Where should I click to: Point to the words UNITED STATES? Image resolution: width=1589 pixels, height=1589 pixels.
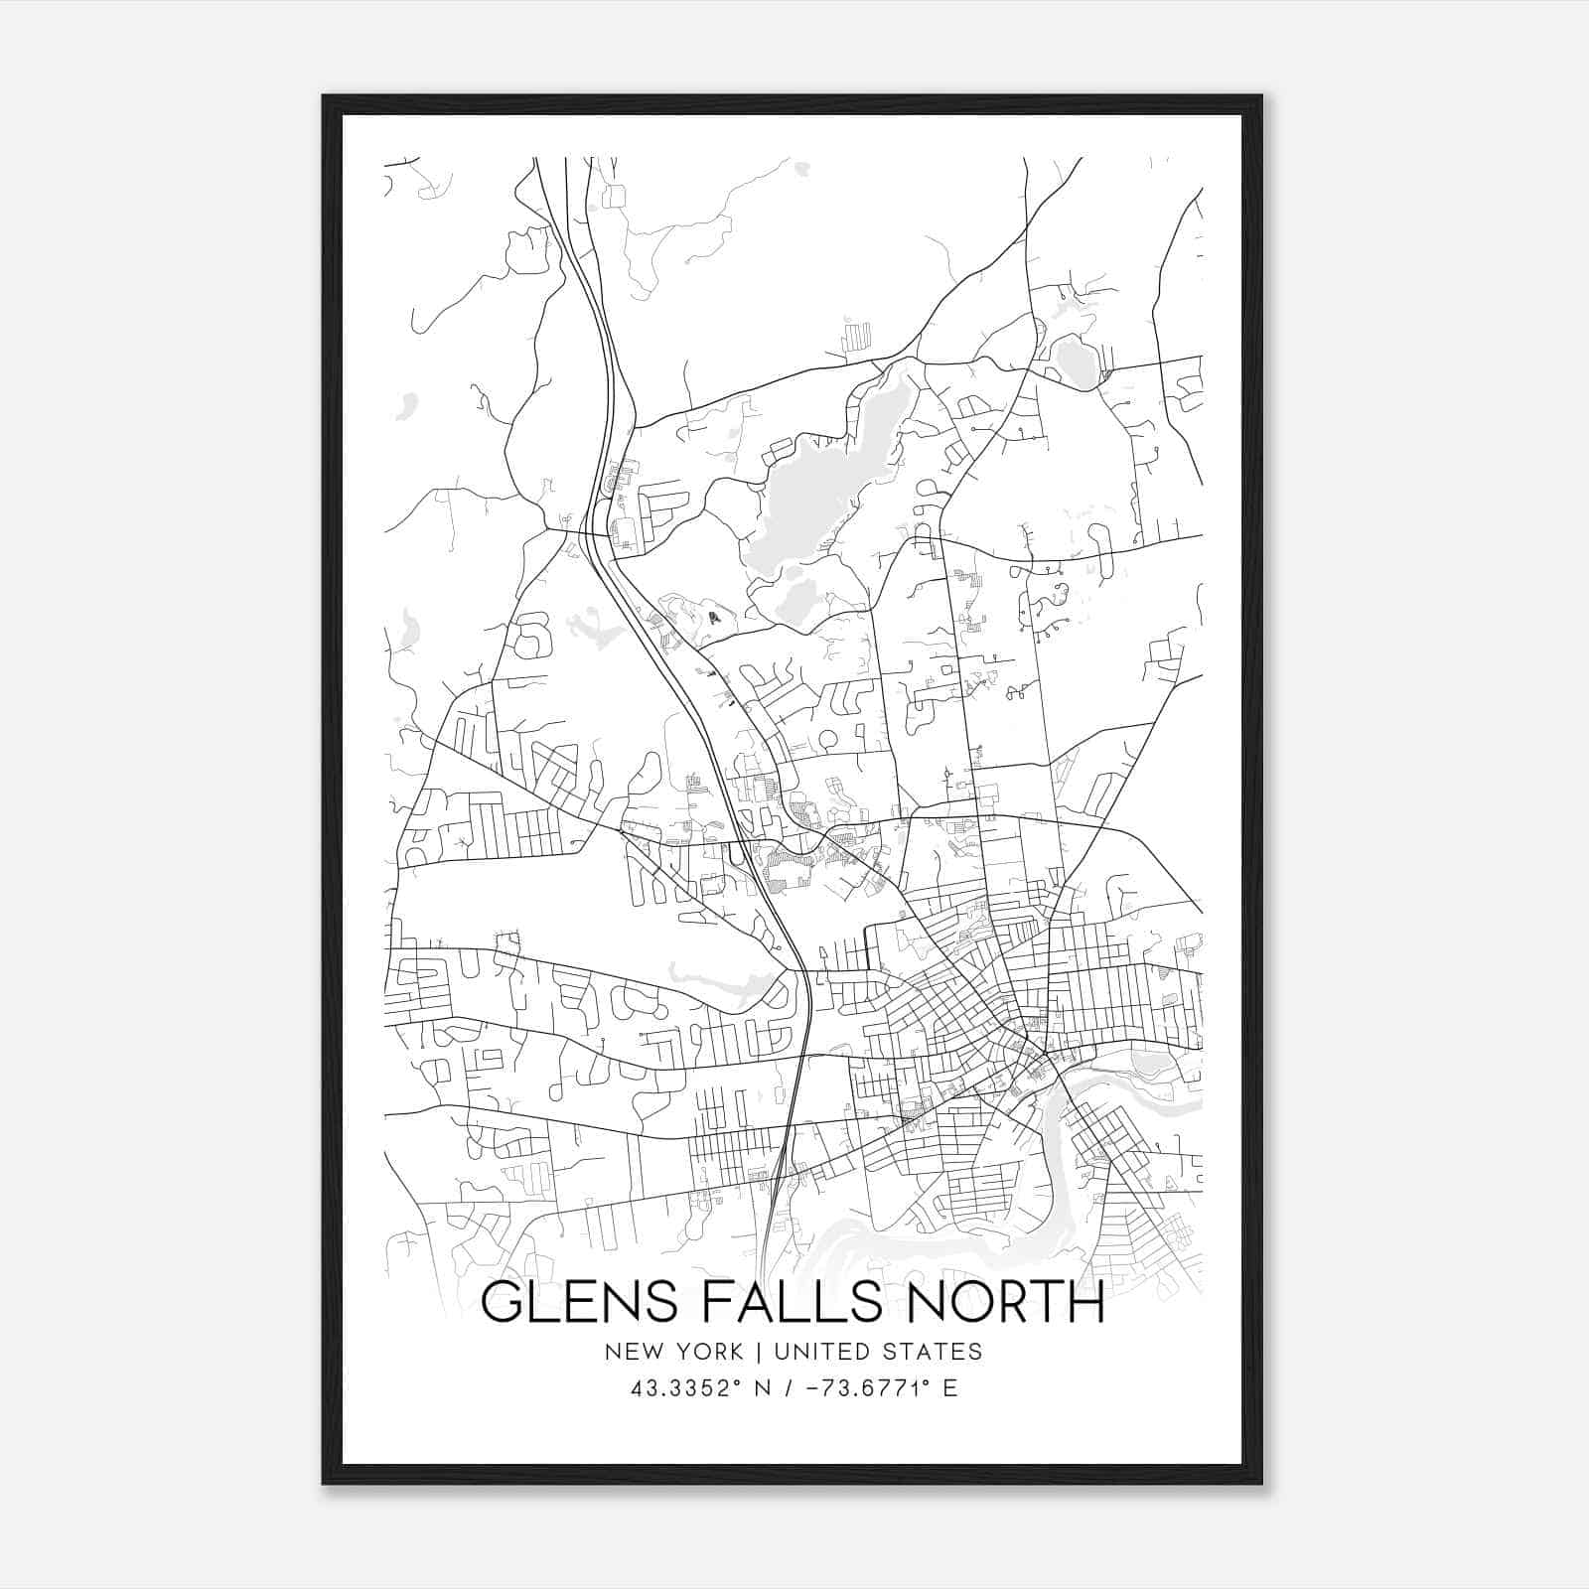(878, 1352)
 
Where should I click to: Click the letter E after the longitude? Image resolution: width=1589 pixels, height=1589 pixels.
(950, 1388)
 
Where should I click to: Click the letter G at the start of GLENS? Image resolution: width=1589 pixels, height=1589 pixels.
(502, 1303)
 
